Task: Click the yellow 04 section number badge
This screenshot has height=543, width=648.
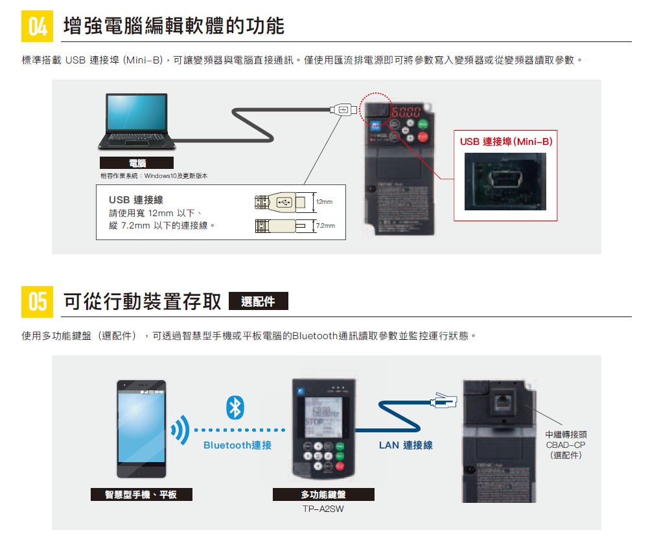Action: (x=38, y=27)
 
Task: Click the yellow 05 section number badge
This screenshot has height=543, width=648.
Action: (x=38, y=302)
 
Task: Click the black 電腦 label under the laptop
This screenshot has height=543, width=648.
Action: (x=137, y=162)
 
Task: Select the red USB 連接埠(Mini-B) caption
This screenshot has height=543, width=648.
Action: (x=506, y=141)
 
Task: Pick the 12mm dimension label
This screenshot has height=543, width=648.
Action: (x=324, y=203)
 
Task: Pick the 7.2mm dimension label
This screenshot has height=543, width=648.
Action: (x=325, y=226)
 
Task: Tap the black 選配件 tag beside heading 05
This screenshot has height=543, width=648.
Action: (x=258, y=302)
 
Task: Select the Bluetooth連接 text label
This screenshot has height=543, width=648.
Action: (x=237, y=445)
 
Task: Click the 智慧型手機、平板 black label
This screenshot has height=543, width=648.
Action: (x=141, y=495)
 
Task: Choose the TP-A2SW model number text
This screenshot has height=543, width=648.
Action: (x=323, y=509)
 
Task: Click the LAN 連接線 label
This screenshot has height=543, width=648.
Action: (x=406, y=445)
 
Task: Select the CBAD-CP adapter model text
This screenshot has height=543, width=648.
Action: (x=566, y=445)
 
